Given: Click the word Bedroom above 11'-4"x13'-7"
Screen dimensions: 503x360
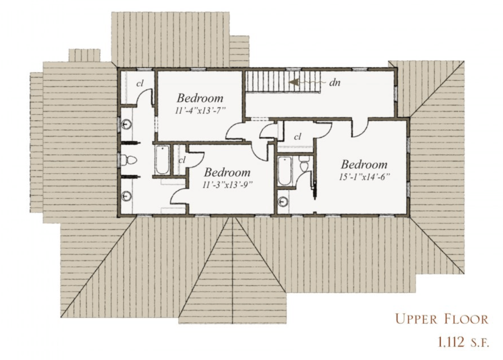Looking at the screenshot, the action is point(200,98).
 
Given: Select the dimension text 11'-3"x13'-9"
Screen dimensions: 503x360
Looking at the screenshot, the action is point(227,185).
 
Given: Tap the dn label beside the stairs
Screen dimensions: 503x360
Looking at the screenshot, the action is point(335,83).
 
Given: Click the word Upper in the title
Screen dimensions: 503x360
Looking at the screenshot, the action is point(416,319).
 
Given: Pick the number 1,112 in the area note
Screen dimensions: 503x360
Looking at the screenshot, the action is point(451,342).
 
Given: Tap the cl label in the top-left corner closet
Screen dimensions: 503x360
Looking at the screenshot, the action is point(140,84).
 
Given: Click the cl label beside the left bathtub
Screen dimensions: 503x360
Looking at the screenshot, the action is point(182,160).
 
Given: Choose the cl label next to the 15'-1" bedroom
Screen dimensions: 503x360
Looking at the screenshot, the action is point(298,137).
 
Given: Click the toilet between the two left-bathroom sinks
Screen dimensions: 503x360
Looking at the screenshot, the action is point(129,160).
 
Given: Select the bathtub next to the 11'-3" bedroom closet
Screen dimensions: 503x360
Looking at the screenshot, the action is point(163,160).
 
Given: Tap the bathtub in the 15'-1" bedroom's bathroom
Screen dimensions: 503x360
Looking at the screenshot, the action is point(284,171).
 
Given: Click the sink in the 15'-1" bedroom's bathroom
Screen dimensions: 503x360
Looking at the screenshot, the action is point(283,202).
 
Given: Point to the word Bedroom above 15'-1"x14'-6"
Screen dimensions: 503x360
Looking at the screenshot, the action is point(364,165).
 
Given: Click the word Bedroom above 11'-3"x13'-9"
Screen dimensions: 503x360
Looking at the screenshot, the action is point(227,172).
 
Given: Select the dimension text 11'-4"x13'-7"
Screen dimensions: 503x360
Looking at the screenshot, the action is point(200,111).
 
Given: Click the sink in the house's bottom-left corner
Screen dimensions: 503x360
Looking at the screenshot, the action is point(126,196).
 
